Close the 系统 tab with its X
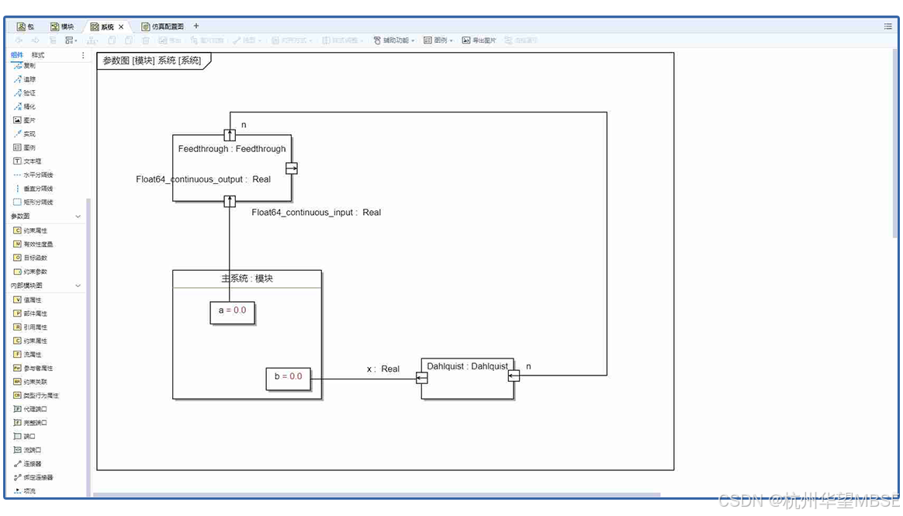(x=121, y=26)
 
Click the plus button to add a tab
(x=196, y=26)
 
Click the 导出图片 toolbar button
(x=479, y=40)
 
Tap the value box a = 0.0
(x=232, y=310)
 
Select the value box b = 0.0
(x=288, y=377)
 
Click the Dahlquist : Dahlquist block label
(x=467, y=365)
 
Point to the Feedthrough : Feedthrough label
(x=232, y=149)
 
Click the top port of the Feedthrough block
(x=230, y=135)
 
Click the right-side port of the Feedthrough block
(x=292, y=168)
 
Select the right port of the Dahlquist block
(x=514, y=376)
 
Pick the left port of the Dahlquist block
(x=422, y=378)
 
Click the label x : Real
(x=383, y=369)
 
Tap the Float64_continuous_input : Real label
(x=316, y=212)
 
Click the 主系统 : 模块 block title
(x=247, y=279)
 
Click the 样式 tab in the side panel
(x=38, y=55)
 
